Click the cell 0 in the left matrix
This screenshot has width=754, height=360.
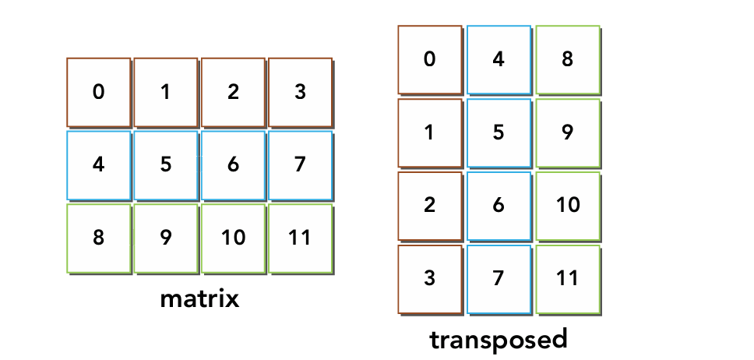99,92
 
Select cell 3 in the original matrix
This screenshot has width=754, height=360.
301,92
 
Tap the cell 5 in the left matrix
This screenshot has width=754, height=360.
166,165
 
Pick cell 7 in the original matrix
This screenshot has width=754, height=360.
301,165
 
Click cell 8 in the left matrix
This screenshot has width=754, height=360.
99,238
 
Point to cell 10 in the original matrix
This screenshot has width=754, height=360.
233,238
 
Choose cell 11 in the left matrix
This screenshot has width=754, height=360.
301,238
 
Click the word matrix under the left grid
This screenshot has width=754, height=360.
199,299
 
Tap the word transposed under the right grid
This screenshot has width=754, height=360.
499,340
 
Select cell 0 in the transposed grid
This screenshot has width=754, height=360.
430,60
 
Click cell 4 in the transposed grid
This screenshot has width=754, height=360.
499,60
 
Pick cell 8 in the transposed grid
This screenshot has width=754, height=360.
568,60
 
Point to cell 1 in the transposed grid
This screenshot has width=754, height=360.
430,132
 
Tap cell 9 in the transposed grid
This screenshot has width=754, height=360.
568,132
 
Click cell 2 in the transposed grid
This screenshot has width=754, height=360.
430,206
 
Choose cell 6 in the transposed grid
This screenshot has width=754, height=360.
499,206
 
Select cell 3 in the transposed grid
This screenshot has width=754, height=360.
430,280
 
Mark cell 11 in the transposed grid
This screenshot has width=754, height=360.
568,280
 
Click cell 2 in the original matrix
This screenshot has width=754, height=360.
233,92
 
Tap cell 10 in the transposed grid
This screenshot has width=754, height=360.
568,206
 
